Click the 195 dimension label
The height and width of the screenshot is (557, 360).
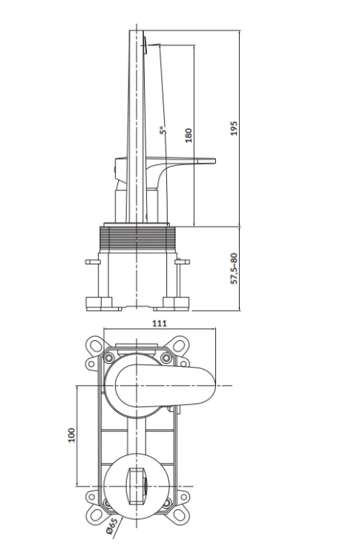click(234, 128)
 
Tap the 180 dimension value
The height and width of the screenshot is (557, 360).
click(189, 135)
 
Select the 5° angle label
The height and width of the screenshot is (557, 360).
click(163, 130)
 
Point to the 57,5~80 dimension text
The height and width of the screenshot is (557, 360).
click(234, 268)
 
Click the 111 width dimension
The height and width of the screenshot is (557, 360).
click(160, 323)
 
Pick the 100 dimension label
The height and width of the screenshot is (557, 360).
click(71, 435)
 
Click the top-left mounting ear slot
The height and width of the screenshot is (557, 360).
click(96, 345)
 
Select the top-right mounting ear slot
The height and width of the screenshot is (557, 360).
click(178, 345)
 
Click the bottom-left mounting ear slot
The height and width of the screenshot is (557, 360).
click(96, 515)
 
